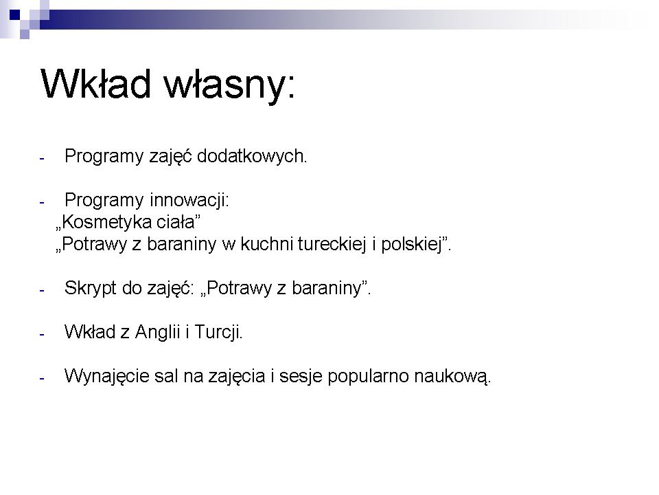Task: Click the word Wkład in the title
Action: pos(95,83)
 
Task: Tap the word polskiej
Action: pos(411,244)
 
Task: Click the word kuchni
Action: pos(266,243)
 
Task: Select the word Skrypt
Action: pos(90,288)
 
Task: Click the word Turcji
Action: pos(218,332)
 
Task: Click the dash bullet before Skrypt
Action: pos(42,290)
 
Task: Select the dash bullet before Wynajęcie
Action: pos(42,378)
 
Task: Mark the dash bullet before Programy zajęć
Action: pos(42,159)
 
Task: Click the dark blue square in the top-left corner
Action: pos(14,14)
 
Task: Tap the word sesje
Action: pos(301,376)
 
